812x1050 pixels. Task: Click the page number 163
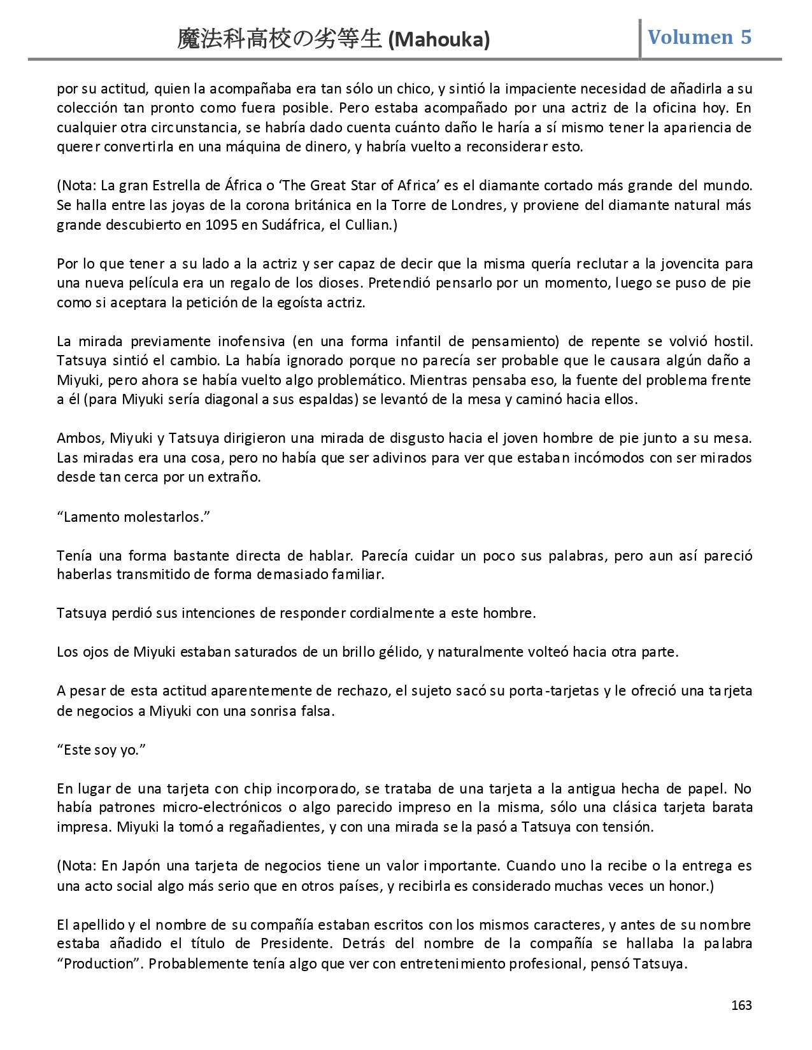point(741,1005)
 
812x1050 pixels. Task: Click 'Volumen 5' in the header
point(699,37)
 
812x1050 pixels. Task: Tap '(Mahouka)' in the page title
point(439,40)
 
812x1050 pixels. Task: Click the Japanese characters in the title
point(280,39)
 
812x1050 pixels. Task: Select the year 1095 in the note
point(221,225)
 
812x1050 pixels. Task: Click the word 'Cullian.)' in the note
point(372,225)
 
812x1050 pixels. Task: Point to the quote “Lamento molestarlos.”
point(134,517)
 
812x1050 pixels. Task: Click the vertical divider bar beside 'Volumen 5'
point(640,38)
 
